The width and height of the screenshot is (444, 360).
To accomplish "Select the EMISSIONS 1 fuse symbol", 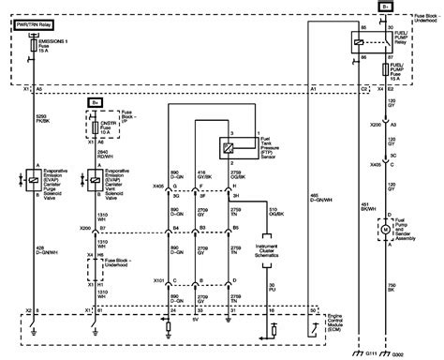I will [x=34, y=46].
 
